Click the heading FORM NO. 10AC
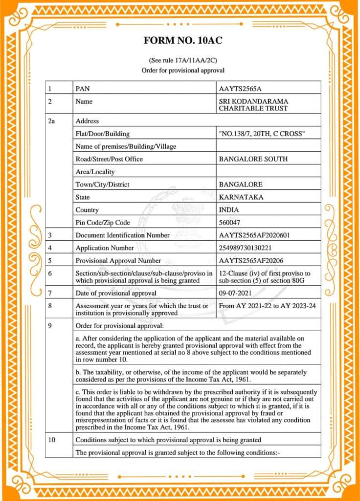(183, 40)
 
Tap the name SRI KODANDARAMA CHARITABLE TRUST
(253, 105)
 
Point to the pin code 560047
(230, 223)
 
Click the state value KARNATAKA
(242, 197)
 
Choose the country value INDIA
(229, 210)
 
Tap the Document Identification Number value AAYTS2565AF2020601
(254, 235)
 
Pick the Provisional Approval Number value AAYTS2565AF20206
(251, 261)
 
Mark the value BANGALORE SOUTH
(253, 159)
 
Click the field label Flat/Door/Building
(103, 134)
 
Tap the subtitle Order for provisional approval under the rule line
(182, 70)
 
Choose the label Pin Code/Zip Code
(103, 223)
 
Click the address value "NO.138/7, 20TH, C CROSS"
(262, 134)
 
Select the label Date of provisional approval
(116, 293)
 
